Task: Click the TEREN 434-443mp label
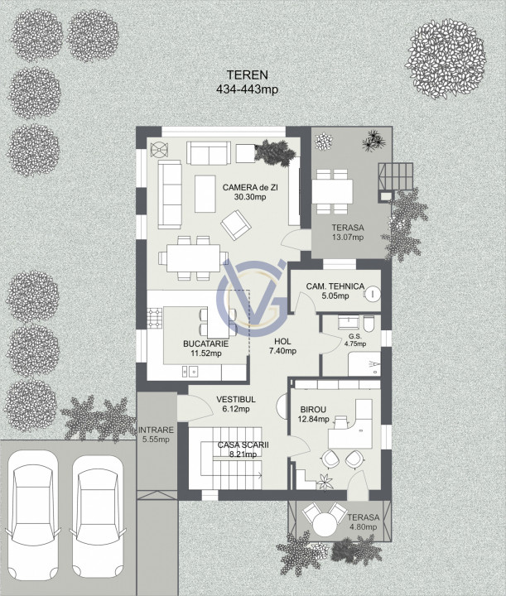pyautogui.click(x=247, y=82)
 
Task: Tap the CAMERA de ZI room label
pyautogui.click(x=250, y=192)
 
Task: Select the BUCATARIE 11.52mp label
pyautogui.click(x=205, y=348)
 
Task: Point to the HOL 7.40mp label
pyautogui.click(x=282, y=346)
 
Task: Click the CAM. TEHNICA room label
pyautogui.click(x=335, y=291)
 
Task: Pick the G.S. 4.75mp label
pyautogui.click(x=355, y=340)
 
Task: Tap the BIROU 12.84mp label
pyautogui.click(x=314, y=415)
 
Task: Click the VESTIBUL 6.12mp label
pyautogui.click(x=236, y=404)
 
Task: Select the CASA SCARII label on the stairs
pyautogui.click(x=243, y=445)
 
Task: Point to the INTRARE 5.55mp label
pyautogui.click(x=156, y=435)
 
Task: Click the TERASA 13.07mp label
pyautogui.click(x=348, y=233)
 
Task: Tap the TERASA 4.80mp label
pyautogui.click(x=363, y=521)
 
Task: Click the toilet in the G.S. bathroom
pyautogui.click(x=369, y=324)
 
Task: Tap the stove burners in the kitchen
pyautogui.click(x=155, y=318)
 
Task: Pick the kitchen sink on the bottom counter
pyautogui.click(x=190, y=371)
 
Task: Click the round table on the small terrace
pyautogui.click(x=325, y=525)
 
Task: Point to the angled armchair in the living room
pyautogui.click(x=236, y=225)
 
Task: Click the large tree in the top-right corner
pyautogui.click(x=446, y=59)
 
